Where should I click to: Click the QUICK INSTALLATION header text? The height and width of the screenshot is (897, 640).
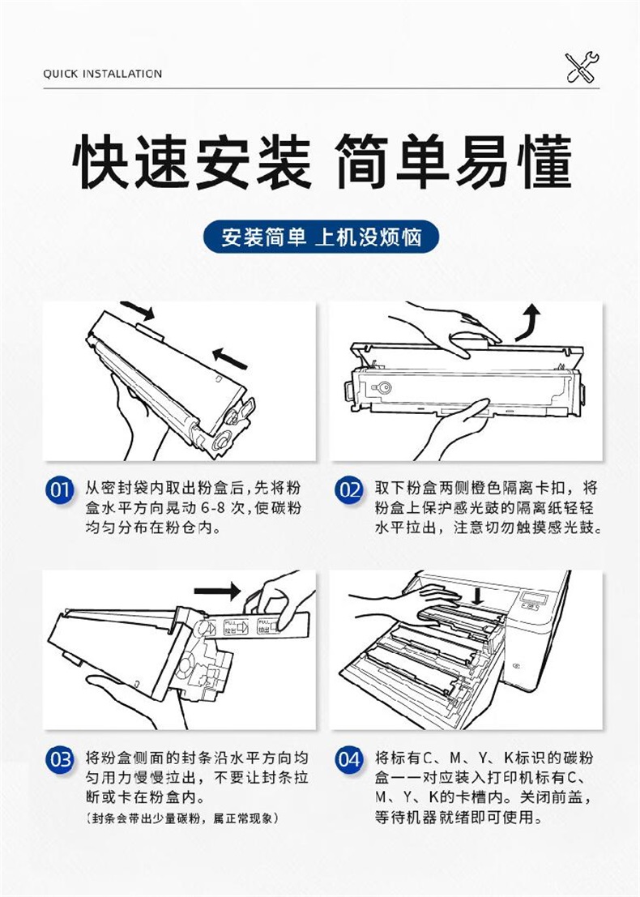102,74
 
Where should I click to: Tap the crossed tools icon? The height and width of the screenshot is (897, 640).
582,67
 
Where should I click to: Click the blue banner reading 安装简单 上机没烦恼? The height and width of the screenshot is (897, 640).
321,237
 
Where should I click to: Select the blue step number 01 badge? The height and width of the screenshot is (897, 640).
59,490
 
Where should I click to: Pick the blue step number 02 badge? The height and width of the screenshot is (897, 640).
349,490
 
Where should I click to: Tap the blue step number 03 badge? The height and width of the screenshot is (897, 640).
59,760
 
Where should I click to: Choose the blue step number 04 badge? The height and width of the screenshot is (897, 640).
349,760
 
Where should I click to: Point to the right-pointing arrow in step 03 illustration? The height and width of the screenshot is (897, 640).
218,591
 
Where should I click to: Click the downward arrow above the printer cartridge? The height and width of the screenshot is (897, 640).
478,595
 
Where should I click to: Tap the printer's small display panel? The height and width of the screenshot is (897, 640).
534,600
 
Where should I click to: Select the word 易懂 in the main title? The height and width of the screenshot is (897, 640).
513,162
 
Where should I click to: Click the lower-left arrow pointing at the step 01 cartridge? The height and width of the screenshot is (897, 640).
230,358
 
